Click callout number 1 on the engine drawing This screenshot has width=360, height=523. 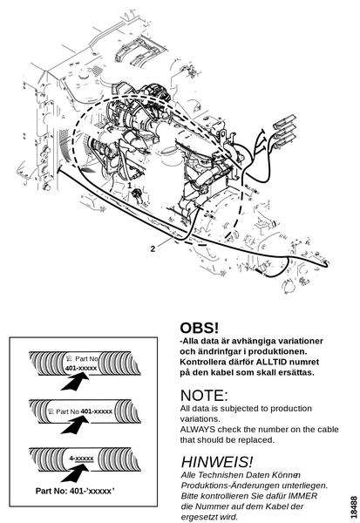[x=129, y=186]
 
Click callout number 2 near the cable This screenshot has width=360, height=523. [x=153, y=248]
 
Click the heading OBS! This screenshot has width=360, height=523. [x=200, y=328]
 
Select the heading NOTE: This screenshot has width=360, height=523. [x=204, y=396]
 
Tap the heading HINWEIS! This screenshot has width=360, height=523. [x=217, y=462]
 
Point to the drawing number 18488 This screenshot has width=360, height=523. [x=354, y=507]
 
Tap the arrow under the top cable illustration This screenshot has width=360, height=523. [x=76, y=381]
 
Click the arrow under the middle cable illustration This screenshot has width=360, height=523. [x=76, y=425]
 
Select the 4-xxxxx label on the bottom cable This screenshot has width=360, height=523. [x=81, y=458]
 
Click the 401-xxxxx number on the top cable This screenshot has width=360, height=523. [x=81, y=368]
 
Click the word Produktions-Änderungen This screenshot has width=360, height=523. [x=235, y=486]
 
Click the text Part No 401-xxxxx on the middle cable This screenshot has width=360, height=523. [x=84, y=411]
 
